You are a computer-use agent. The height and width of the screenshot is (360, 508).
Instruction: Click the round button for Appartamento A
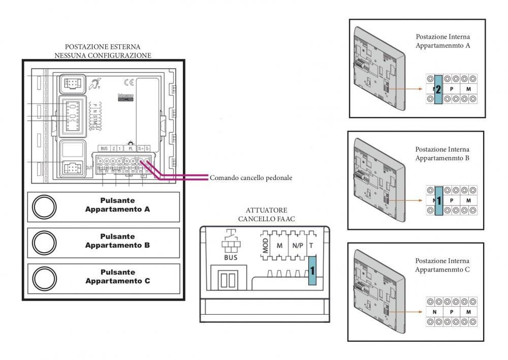(44, 208)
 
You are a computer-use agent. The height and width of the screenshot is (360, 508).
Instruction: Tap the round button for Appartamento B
(44, 244)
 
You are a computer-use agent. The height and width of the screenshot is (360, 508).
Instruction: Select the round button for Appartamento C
(44, 280)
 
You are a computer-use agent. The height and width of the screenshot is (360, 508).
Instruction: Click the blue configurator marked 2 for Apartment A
(438, 89)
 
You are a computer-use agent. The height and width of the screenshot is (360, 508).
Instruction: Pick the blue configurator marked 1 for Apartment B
(438, 200)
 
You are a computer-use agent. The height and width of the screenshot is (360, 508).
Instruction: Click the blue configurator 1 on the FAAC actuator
(312, 270)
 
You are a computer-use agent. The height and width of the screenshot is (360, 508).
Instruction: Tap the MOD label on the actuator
(265, 247)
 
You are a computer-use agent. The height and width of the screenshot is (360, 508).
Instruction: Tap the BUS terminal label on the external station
(104, 148)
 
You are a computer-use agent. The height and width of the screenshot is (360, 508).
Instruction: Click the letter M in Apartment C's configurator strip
(468, 311)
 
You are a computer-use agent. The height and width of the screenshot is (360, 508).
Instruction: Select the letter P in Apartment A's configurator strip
(452, 88)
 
